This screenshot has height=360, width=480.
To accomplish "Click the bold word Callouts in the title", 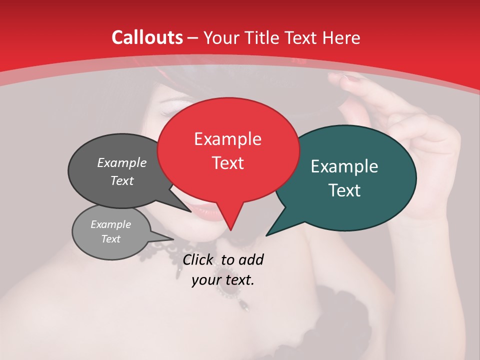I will click(x=147, y=37).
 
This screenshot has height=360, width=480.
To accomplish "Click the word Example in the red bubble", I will click(x=227, y=139).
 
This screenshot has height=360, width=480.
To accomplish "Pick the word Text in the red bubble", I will click(x=227, y=163).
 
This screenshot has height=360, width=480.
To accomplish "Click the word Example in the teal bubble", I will click(x=344, y=166).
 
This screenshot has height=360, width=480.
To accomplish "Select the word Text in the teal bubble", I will click(x=344, y=190).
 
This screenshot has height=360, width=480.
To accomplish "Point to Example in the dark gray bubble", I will click(x=122, y=162).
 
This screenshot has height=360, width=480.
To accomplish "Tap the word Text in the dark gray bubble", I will click(x=122, y=180).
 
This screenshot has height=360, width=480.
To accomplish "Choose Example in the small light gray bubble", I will click(x=110, y=224).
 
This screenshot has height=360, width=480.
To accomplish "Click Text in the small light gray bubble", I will click(x=110, y=239).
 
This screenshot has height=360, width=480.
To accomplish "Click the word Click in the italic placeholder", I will click(x=199, y=259).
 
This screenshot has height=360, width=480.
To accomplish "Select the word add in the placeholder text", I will click(x=251, y=259).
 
